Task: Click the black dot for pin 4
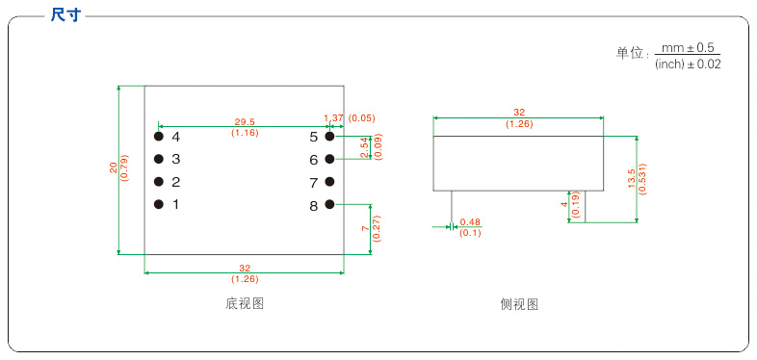point(158,137)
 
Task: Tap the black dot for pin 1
point(158,204)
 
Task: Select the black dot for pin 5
point(329,137)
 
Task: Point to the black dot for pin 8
point(329,204)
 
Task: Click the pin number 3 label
point(176,159)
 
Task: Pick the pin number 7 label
point(314,182)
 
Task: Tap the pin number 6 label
point(314,160)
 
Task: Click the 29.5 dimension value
point(245,122)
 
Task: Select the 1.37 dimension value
point(333,117)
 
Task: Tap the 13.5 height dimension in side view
point(631,175)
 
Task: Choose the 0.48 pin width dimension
point(470,222)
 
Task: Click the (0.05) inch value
point(362,117)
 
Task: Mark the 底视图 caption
point(245,304)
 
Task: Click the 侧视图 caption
point(519,304)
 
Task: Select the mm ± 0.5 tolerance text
point(687,47)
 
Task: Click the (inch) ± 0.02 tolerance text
point(687,64)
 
